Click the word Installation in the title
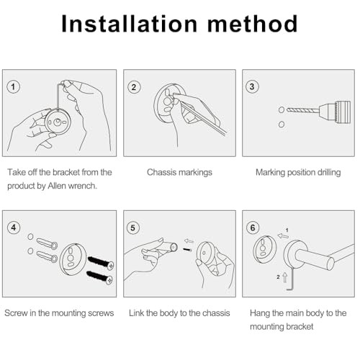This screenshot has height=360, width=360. point(130,24)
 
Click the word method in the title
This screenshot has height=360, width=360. point(253,24)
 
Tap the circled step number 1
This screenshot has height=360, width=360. point(13,86)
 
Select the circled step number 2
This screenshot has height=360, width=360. point(134,87)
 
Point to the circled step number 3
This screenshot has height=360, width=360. point(252,86)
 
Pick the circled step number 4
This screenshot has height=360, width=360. point(14,228)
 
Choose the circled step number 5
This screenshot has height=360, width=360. point(132,228)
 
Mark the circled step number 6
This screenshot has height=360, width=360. point(253,228)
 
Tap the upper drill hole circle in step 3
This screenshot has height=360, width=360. point(282,110)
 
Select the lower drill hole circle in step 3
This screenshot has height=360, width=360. point(282,125)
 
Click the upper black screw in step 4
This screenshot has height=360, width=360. point(101,263)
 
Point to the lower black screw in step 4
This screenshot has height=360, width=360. point(99,277)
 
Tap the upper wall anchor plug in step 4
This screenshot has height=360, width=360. point(47,243)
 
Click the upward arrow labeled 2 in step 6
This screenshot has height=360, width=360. point(285,277)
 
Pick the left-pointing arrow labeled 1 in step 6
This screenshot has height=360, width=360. point(283,236)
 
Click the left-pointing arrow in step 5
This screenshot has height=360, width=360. point(189,240)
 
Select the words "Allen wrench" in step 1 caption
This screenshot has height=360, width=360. point(72,186)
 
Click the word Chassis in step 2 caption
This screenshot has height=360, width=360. point(160,172)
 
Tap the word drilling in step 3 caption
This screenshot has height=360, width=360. point(329,173)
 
